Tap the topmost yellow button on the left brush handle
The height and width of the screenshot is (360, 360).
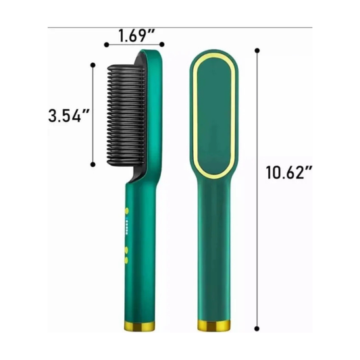[x=126, y=211]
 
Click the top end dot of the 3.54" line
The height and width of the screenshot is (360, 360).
[x=93, y=64]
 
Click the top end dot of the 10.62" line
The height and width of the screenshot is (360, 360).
[x=258, y=50]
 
